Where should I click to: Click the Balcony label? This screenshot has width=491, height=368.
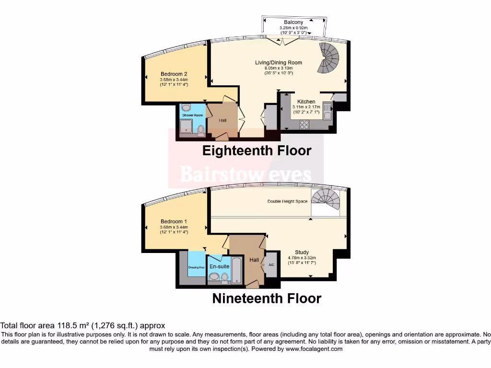pyautogui.click(x=293, y=23)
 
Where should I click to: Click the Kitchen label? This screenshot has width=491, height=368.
pyautogui.click(x=306, y=102)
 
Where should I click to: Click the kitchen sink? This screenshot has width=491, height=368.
pyautogui.click(x=327, y=112)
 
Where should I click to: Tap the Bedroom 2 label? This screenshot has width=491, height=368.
pyautogui.click(x=174, y=74)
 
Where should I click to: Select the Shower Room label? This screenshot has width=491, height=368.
pyautogui.click(x=192, y=115)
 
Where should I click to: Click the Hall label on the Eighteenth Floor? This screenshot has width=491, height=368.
pyautogui.click(x=223, y=121)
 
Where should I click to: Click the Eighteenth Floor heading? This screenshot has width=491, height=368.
pyautogui.click(x=257, y=150)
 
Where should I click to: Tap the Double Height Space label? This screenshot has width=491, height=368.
pyautogui.click(x=287, y=201)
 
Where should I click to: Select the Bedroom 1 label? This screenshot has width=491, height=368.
pyautogui.click(x=174, y=221)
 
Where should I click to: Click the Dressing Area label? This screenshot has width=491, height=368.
pyautogui.click(x=197, y=267)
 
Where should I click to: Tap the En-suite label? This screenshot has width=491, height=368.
pyautogui.click(x=219, y=266)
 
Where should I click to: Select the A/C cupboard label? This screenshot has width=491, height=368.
pyautogui.click(x=271, y=264)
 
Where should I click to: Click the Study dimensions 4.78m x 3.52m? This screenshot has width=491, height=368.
pyautogui.click(x=302, y=258)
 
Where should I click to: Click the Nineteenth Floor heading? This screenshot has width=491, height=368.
pyautogui.click(x=267, y=299)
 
